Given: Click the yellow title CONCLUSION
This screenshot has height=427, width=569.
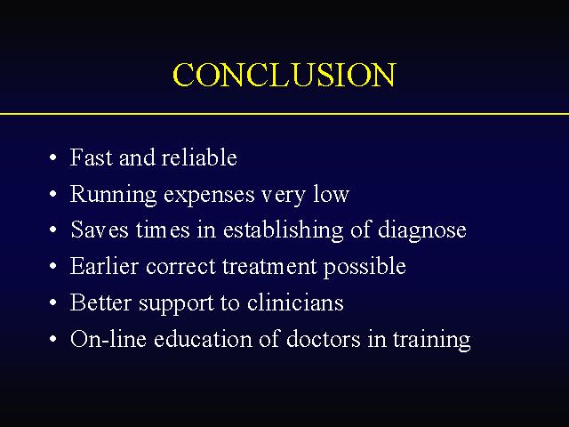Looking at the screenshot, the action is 284,75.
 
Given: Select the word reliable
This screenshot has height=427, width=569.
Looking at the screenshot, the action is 199,157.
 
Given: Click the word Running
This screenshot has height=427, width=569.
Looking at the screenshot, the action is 113,195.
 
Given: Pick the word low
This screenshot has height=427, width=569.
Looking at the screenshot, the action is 332,194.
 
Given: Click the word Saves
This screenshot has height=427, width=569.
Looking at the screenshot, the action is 100,230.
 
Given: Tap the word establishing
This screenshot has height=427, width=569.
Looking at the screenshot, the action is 283,230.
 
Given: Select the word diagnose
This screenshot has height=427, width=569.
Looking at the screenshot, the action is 422,230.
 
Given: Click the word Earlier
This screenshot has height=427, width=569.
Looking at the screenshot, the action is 104,266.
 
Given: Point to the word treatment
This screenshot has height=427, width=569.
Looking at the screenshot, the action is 269,266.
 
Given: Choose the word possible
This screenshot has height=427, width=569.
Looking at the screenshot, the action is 365,267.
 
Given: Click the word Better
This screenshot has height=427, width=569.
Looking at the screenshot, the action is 100,302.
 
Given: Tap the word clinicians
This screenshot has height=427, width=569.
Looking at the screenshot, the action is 295,302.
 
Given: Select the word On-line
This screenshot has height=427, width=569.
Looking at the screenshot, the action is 108,338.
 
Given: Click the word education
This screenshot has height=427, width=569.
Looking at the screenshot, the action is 203,338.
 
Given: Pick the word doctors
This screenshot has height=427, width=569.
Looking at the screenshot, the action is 324,338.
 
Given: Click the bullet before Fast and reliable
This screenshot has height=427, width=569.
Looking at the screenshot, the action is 53,158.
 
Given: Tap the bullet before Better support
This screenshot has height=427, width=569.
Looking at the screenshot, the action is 53,302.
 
